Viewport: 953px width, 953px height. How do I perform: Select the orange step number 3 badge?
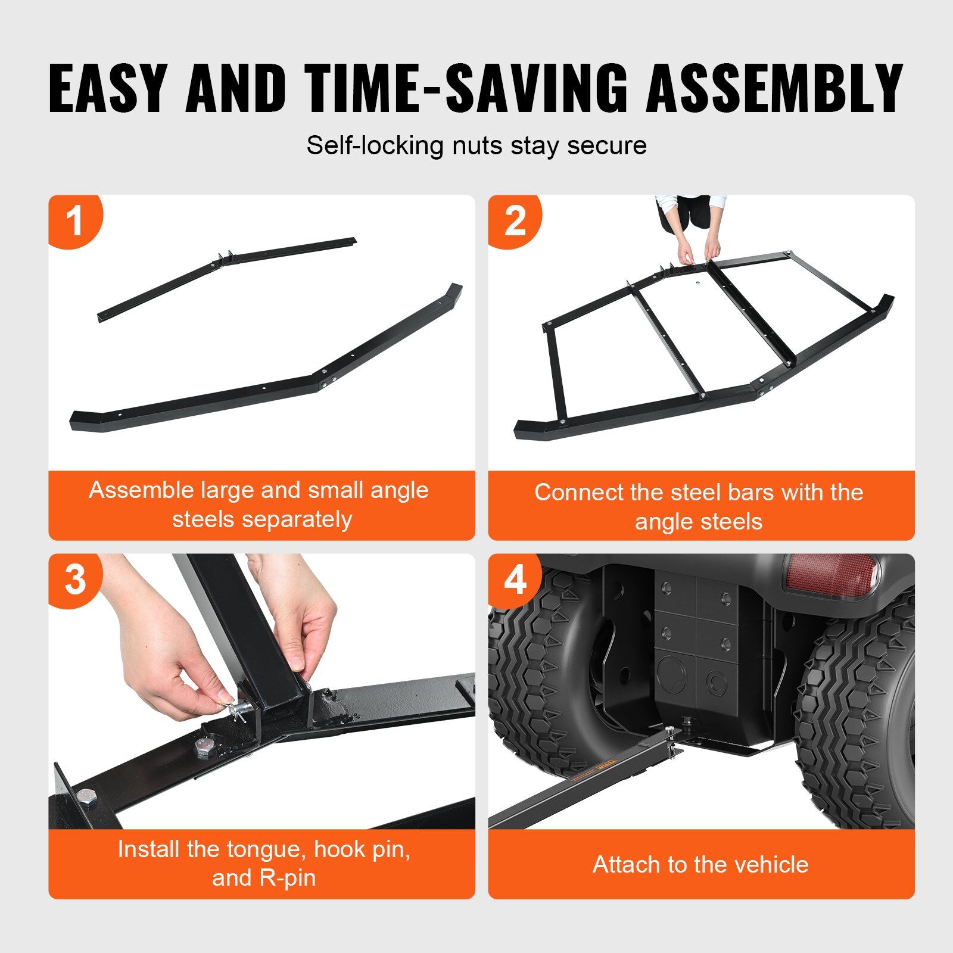click(x=75, y=580)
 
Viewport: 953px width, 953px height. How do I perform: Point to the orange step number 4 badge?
click(x=515, y=580)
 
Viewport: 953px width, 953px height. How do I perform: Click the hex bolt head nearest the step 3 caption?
click(x=86, y=797)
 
